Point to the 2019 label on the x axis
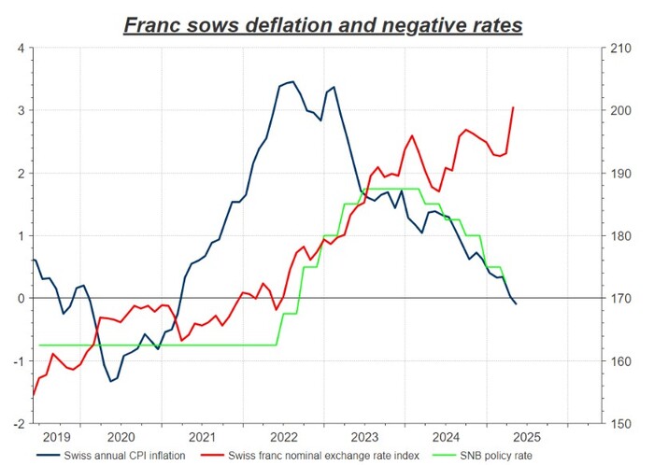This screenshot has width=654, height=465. [56, 436]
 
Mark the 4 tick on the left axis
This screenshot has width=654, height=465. [21, 48]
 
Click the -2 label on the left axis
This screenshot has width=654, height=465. [18, 423]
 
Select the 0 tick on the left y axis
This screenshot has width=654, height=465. [21, 298]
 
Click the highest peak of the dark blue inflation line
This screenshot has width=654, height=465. [292, 81]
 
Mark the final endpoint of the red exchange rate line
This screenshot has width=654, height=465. [513, 107]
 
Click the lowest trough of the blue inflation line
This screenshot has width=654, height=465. [111, 381]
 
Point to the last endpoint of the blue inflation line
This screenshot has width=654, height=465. [517, 304]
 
